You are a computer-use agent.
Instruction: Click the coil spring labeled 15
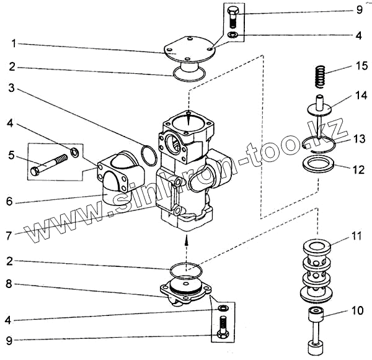click(320, 76)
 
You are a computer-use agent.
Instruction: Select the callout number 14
click(361, 96)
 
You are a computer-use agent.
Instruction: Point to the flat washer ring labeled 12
click(317, 164)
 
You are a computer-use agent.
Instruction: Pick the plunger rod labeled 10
click(316, 331)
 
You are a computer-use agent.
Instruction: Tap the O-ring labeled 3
click(149, 156)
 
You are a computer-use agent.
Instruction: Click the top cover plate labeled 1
click(188, 54)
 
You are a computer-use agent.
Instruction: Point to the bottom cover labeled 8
click(185, 291)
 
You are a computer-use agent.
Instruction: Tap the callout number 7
click(9, 236)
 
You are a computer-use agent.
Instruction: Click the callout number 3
click(11, 88)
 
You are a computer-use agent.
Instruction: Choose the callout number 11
click(355, 236)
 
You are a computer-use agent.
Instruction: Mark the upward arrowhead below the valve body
click(187, 240)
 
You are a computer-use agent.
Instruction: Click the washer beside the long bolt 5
click(75, 152)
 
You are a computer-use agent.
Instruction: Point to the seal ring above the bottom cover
click(186, 270)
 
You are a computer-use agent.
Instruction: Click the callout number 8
click(9, 284)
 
